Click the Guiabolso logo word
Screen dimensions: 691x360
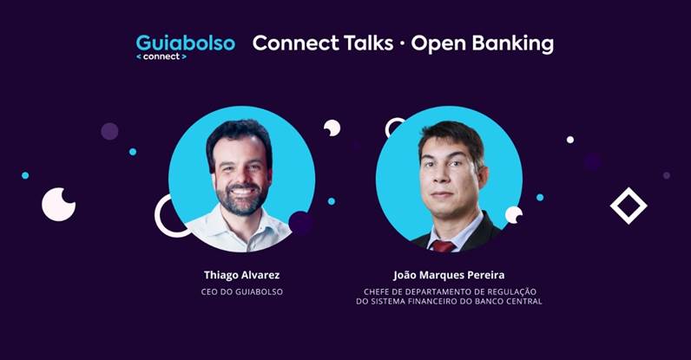pos(185,43)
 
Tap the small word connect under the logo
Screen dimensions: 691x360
pos(161,56)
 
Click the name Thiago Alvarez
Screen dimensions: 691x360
pos(241,275)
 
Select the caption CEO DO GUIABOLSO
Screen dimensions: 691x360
pos(242,291)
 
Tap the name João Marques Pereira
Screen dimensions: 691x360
pos(449,275)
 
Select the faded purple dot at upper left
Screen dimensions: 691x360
pos(109,131)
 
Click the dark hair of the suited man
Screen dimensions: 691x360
pos(451,136)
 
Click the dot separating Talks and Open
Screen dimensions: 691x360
pos(402,45)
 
